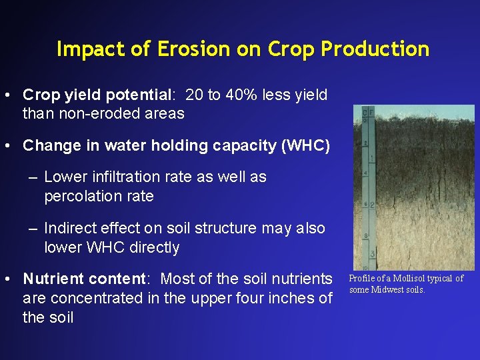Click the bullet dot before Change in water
[10, 145]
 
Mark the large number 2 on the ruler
[373, 205]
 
